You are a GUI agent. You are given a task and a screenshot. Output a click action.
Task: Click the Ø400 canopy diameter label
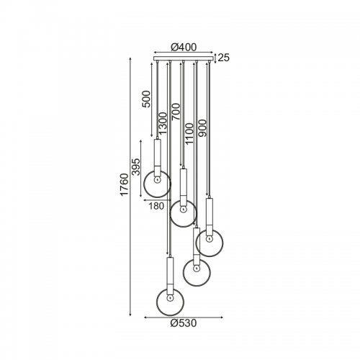point(184,48)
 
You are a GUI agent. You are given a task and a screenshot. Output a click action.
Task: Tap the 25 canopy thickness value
point(224,58)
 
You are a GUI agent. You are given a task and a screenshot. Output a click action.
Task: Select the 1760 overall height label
point(125,184)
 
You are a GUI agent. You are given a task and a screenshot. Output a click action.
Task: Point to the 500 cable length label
point(146,99)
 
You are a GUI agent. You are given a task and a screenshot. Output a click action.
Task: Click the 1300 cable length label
point(163,123)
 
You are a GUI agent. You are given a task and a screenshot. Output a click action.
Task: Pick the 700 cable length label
point(176,112)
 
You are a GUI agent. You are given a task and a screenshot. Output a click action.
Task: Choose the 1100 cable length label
point(189,134)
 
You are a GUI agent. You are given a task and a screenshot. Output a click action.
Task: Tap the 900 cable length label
point(202,128)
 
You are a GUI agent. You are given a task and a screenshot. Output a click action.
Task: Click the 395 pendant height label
point(136,167)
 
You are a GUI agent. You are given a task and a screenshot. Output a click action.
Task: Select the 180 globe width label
point(156,206)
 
